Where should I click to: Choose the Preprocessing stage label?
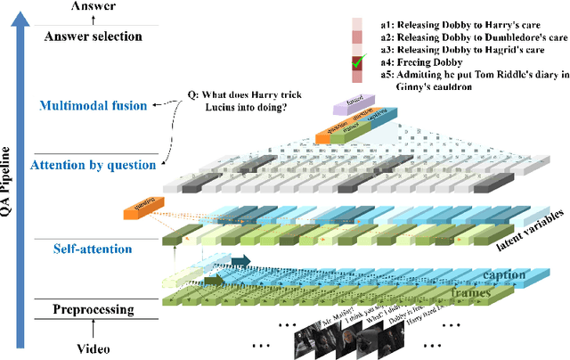point(94,310)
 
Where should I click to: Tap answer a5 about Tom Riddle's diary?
point(468,82)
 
